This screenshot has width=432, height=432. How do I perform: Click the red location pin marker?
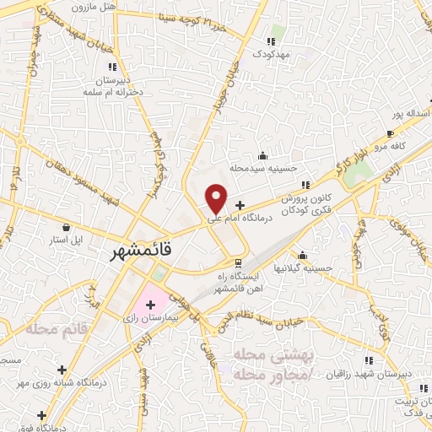coord(217,198)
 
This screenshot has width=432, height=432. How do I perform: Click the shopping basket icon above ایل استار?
coord(67,226)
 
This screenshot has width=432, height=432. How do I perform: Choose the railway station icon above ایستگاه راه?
coord(237,262)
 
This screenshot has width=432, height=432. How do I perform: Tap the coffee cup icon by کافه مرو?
coord(390,133)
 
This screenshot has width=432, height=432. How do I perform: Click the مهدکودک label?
coord(271,53)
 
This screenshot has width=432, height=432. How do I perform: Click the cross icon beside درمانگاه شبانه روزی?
coord(61,370)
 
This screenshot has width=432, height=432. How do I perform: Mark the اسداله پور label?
coord(408,111)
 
